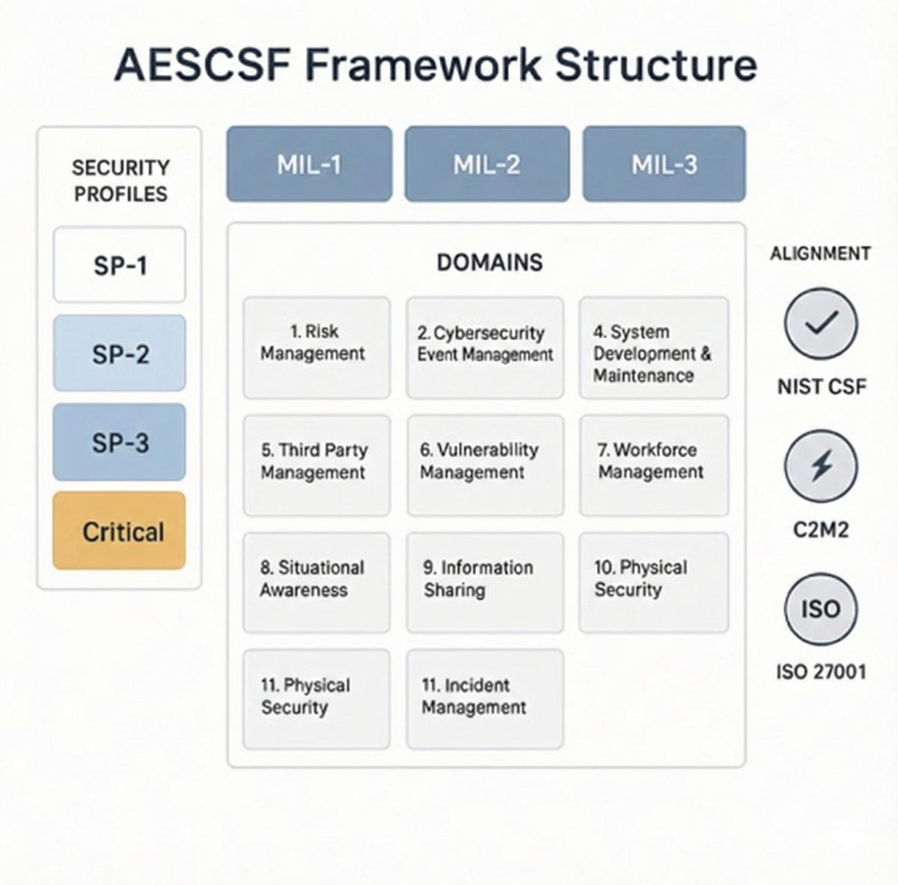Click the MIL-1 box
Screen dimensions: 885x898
click(309, 164)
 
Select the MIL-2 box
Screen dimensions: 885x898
click(486, 164)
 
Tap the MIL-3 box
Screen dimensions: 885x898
click(664, 164)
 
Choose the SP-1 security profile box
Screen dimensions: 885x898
click(119, 265)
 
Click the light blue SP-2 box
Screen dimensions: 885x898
click(119, 353)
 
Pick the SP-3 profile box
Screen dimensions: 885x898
click(119, 442)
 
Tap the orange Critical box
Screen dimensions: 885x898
click(119, 531)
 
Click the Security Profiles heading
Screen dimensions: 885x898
click(120, 180)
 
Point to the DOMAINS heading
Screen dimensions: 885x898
click(489, 262)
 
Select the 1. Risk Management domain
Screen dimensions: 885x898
click(316, 347)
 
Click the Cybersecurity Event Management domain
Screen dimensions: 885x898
click(485, 347)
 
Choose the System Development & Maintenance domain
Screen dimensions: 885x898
click(653, 347)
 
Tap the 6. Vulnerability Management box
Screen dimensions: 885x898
click(485, 465)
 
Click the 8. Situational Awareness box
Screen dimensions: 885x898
click(316, 583)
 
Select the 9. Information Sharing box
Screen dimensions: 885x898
click(485, 583)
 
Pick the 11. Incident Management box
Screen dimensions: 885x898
click(485, 699)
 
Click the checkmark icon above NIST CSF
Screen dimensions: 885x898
click(821, 323)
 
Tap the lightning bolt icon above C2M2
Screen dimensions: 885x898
click(821, 466)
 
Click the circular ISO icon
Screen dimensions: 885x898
click(821, 608)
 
